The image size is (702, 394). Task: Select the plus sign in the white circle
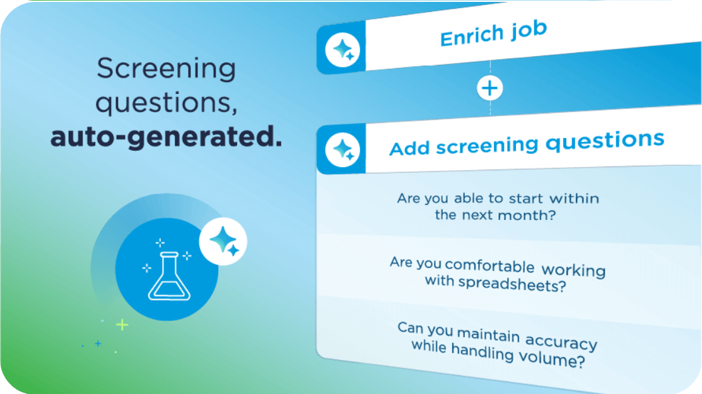click(x=489, y=88)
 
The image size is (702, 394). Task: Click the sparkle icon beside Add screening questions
click(x=344, y=150)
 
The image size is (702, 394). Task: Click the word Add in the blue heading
click(x=409, y=149)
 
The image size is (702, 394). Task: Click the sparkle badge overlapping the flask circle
click(x=223, y=241)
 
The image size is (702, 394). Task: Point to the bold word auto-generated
click(x=166, y=137)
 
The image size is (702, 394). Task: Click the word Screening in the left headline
click(x=166, y=68)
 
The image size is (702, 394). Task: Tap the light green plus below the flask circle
click(x=122, y=325)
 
